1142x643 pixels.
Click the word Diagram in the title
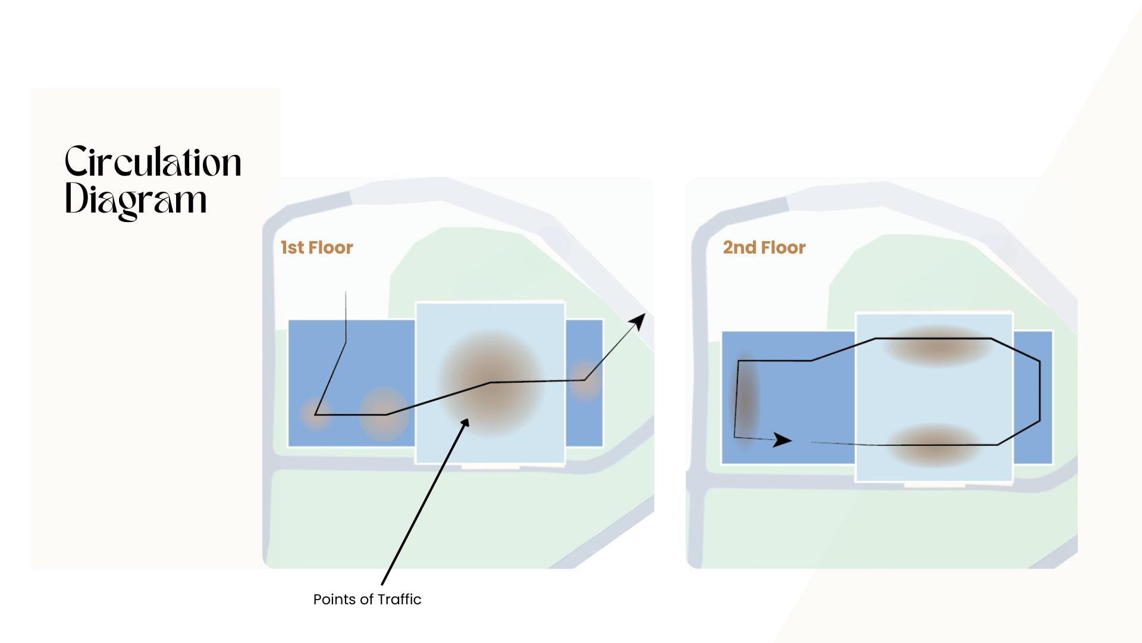tap(136, 200)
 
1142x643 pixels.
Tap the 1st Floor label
tap(316, 248)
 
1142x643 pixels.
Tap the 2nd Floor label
tap(764, 248)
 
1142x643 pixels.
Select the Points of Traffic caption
tap(367, 600)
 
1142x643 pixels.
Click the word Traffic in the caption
tap(399, 600)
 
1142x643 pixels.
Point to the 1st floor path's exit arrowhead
tap(638, 321)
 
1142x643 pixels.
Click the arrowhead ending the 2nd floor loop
tap(783, 440)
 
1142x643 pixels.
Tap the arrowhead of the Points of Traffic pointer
tap(465, 423)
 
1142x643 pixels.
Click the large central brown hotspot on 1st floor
tap(491, 382)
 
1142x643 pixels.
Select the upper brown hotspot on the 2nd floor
tap(936, 345)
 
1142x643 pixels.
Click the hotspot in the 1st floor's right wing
tap(585, 380)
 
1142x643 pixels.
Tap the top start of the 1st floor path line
tap(346, 293)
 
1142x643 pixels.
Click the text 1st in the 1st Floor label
tap(292, 248)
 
